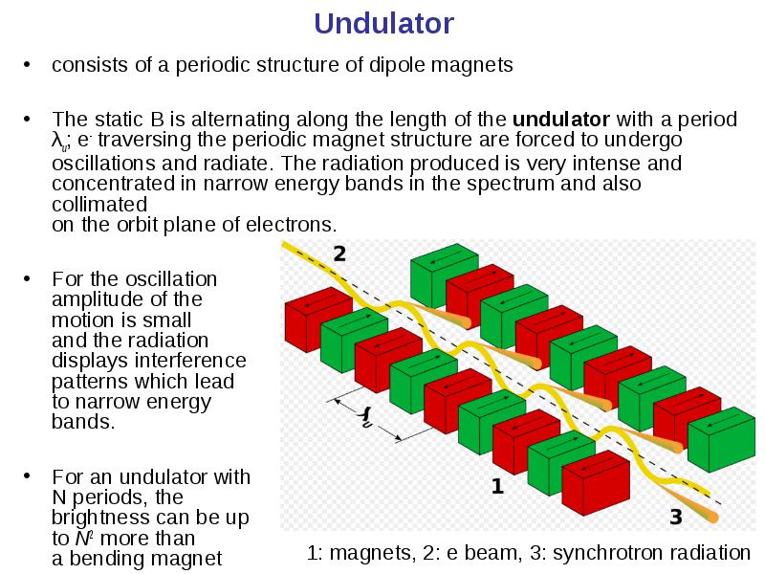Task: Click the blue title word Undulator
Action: click(x=384, y=23)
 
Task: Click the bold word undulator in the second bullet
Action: click(x=561, y=119)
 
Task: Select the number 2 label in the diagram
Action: click(x=339, y=254)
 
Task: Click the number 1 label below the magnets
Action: click(x=497, y=486)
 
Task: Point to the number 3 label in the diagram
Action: click(x=676, y=517)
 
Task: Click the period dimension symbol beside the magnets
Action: click(x=366, y=418)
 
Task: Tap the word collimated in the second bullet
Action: click(x=99, y=205)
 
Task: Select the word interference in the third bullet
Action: click(x=190, y=361)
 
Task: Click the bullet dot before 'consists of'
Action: click(x=27, y=64)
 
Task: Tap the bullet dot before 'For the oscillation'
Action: click(x=27, y=278)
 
